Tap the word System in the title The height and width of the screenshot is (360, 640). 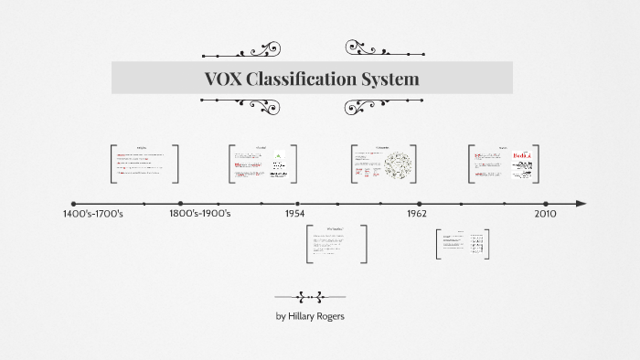(x=392, y=79)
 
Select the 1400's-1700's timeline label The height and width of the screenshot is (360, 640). (x=92, y=214)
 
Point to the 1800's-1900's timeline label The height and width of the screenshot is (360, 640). (x=200, y=214)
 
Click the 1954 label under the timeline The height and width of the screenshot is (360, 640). (x=294, y=214)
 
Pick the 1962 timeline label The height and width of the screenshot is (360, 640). (x=416, y=214)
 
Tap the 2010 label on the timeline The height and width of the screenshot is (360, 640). (x=545, y=214)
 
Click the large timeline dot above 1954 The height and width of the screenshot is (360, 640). (x=297, y=204)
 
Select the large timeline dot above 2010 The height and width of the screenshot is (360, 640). (x=546, y=204)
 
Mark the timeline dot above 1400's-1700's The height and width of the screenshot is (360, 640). (x=74, y=204)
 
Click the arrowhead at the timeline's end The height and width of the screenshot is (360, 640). (x=581, y=204)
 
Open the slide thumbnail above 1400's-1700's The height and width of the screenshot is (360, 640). (x=144, y=164)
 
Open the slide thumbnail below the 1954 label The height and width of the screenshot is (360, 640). (x=336, y=244)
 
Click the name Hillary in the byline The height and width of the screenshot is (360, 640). (x=306, y=316)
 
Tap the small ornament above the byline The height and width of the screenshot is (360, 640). (x=310, y=296)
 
